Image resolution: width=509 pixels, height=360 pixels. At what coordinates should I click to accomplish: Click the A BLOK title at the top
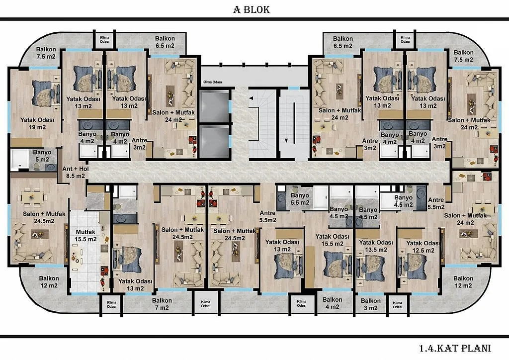pyautogui.click(x=252, y=9)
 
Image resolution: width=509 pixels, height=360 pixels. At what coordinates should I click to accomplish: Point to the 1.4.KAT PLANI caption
pyautogui.click(x=455, y=348)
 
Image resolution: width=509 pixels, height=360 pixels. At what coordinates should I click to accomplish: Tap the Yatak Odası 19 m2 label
pyautogui.click(x=37, y=123)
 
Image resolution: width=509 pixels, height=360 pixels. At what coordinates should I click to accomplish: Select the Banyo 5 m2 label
pyautogui.click(x=42, y=156)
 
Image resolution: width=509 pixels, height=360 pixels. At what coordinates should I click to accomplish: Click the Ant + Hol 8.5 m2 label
pyautogui.click(x=76, y=173)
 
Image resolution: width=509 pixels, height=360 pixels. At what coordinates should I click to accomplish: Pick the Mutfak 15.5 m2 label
pyautogui.click(x=85, y=236)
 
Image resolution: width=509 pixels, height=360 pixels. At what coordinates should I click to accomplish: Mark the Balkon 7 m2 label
pyautogui.click(x=162, y=304)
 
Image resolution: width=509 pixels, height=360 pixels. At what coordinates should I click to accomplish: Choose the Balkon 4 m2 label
pyautogui.click(x=332, y=303)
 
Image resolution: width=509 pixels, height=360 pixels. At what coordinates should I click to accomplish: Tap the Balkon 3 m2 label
pyautogui.click(x=370, y=304)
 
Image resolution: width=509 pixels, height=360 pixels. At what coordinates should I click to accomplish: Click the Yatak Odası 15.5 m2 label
pyautogui.click(x=333, y=240)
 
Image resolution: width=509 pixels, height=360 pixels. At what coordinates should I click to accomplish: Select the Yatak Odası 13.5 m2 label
pyautogui.click(x=376, y=246)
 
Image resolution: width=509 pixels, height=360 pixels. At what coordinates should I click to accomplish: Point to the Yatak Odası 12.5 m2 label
pyautogui.click(x=423, y=247)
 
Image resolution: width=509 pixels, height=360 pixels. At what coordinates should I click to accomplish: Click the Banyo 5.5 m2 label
pyautogui.click(x=300, y=199)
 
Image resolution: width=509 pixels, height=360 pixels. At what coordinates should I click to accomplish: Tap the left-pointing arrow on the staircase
pyautogui.click(x=251, y=98)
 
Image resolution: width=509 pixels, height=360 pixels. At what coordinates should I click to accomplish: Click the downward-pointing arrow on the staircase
pyautogui.click(x=286, y=141)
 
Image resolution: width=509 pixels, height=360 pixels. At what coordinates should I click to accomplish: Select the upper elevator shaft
pyautogui.click(x=214, y=106)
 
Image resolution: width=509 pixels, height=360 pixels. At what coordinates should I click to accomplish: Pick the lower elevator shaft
pyautogui.click(x=214, y=141)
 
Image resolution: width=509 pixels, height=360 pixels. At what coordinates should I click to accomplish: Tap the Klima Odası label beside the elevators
pyautogui.click(x=212, y=82)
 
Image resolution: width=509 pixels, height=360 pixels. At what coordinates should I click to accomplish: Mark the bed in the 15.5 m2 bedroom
pyautogui.click(x=338, y=265)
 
